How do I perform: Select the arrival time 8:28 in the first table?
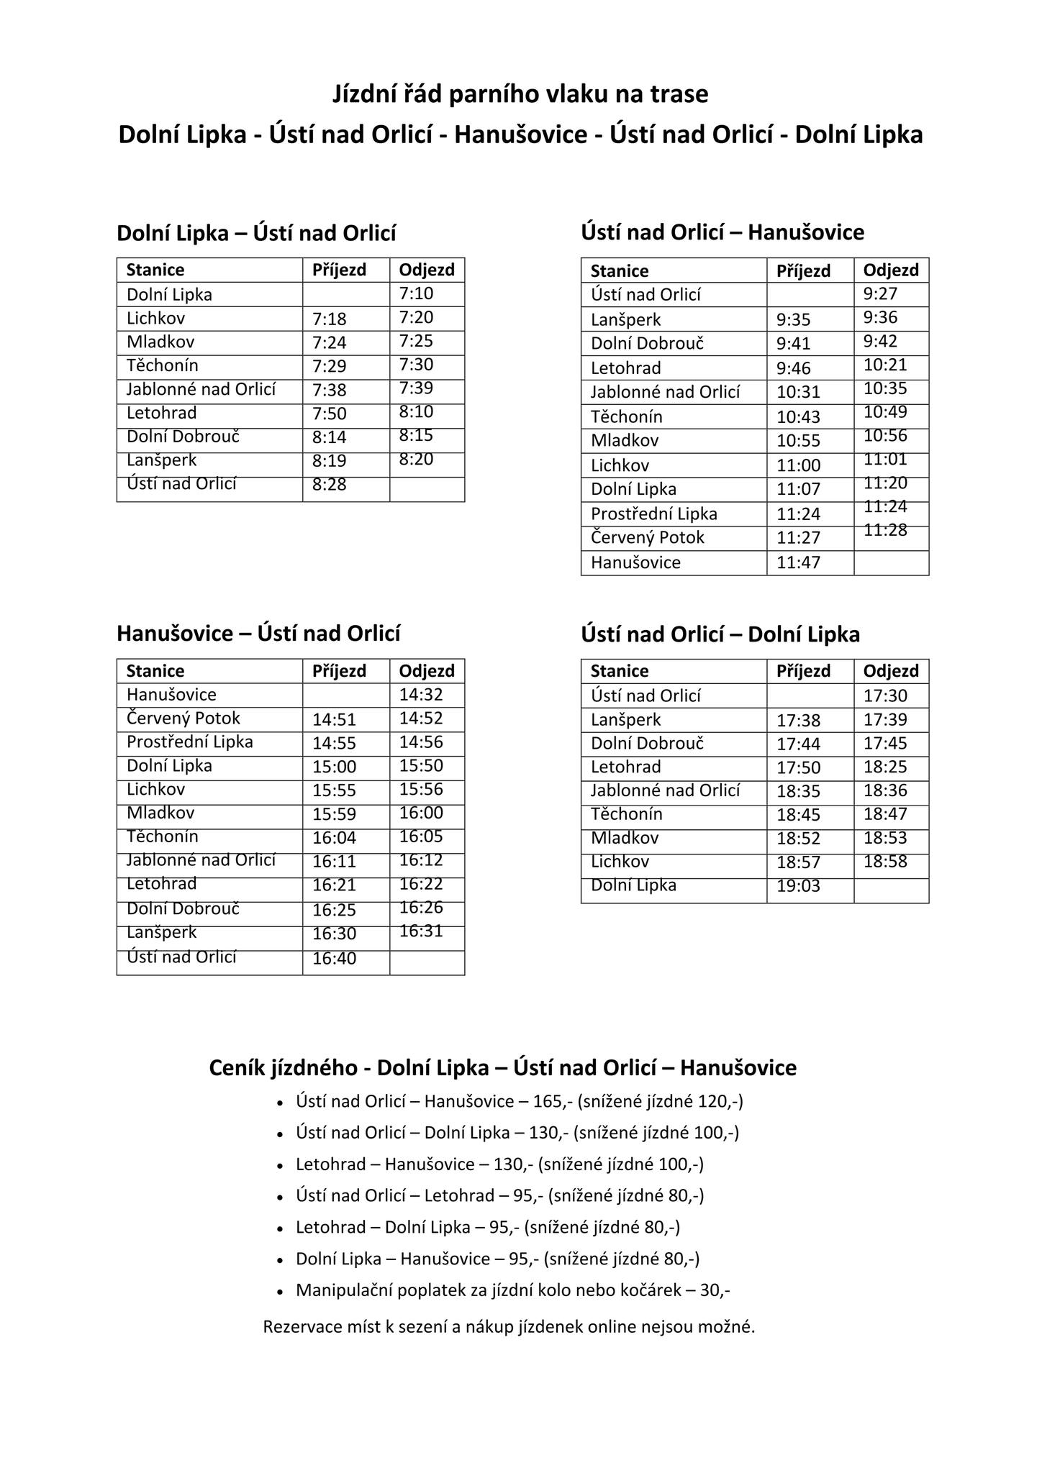click(x=329, y=485)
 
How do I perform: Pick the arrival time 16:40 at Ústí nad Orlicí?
click(x=334, y=958)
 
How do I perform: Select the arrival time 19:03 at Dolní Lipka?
click(x=798, y=886)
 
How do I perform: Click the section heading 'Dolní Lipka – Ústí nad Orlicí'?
click(x=256, y=233)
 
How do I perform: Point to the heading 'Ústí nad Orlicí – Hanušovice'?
click(x=722, y=232)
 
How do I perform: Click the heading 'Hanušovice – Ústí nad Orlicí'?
click(x=258, y=634)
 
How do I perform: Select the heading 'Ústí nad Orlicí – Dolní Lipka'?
click(x=720, y=634)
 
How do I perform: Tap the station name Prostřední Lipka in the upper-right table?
click(x=653, y=514)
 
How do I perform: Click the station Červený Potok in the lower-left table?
click(x=184, y=719)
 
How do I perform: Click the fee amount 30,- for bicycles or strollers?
click(x=715, y=1290)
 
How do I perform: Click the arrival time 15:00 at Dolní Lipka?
click(x=334, y=767)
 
